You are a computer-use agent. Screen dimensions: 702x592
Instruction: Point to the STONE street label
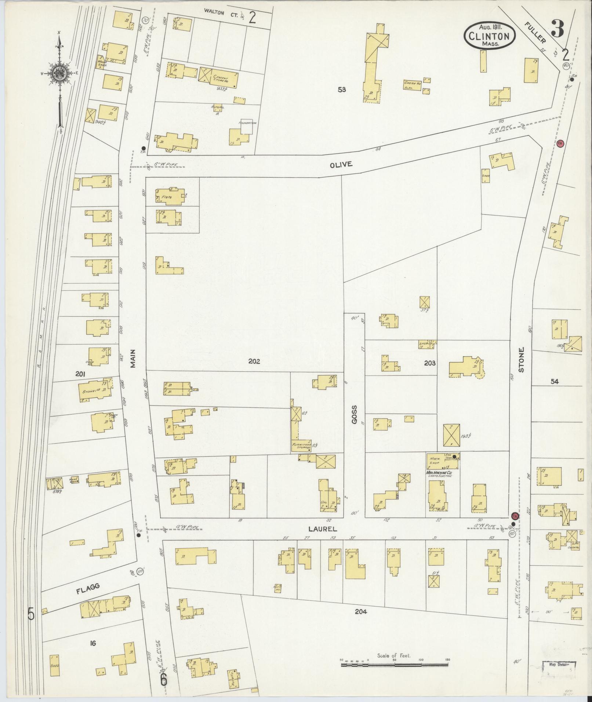(522, 360)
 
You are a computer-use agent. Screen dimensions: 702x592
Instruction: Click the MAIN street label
(132, 358)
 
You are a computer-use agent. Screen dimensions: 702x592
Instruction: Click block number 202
(254, 361)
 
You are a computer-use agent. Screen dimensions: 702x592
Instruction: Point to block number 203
(429, 363)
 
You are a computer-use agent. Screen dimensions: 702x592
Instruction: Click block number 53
(342, 89)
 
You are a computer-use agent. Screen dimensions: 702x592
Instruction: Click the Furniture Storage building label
(302, 446)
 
